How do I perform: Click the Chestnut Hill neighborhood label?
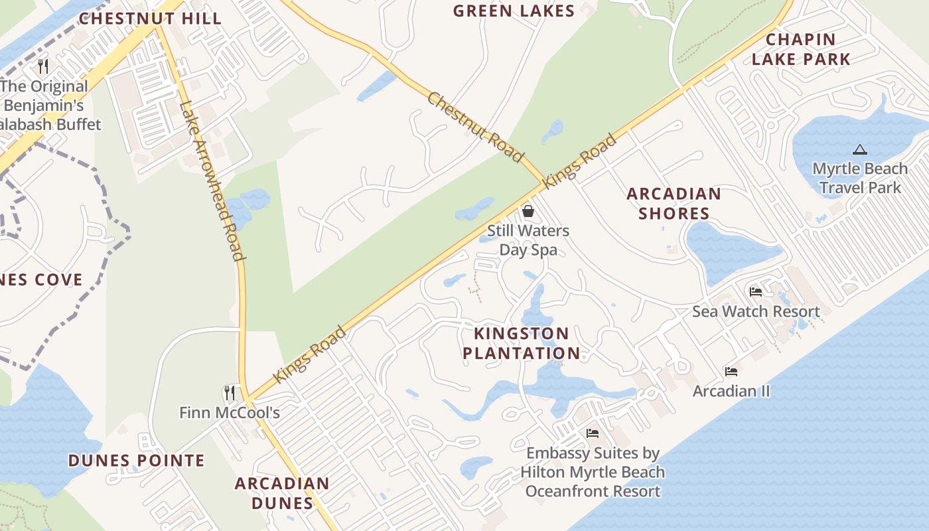pyautogui.click(x=150, y=18)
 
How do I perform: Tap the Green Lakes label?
pyautogui.click(x=514, y=11)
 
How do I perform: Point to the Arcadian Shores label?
pyautogui.click(x=674, y=203)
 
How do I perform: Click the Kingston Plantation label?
pyautogui.click(x=522, y=343)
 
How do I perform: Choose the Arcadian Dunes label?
pyautogui.click(x=282, y=493)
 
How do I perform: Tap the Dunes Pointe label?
pyautogui.click(x=137, y=460)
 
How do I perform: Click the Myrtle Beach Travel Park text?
pyautogui.click(x=860, y=178)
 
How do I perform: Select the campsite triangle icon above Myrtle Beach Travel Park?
pyautogui.click(x=860, y=150)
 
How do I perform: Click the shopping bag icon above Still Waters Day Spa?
pyautogui.click(x=528, y=212)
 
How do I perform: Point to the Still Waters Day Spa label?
pyautogui.click(x=528, y=240)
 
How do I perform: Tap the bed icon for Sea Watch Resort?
pyautogui.click(x=755, y=292)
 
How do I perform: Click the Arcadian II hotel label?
pyautogui.click(x=731, y=391)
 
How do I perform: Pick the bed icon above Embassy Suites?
pyautogui.click(x=593, y=433)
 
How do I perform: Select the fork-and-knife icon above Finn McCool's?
pyautogui.click(x=230, y=393)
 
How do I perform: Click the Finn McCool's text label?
pyautogui.click(x=230, y=413)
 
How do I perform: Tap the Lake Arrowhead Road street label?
pyautogui.click(x=213, y=181)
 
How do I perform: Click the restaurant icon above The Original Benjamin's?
pyautogui.click(x=44, y=66)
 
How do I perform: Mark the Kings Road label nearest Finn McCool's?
pyautogui.click(x=310, y=354)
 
